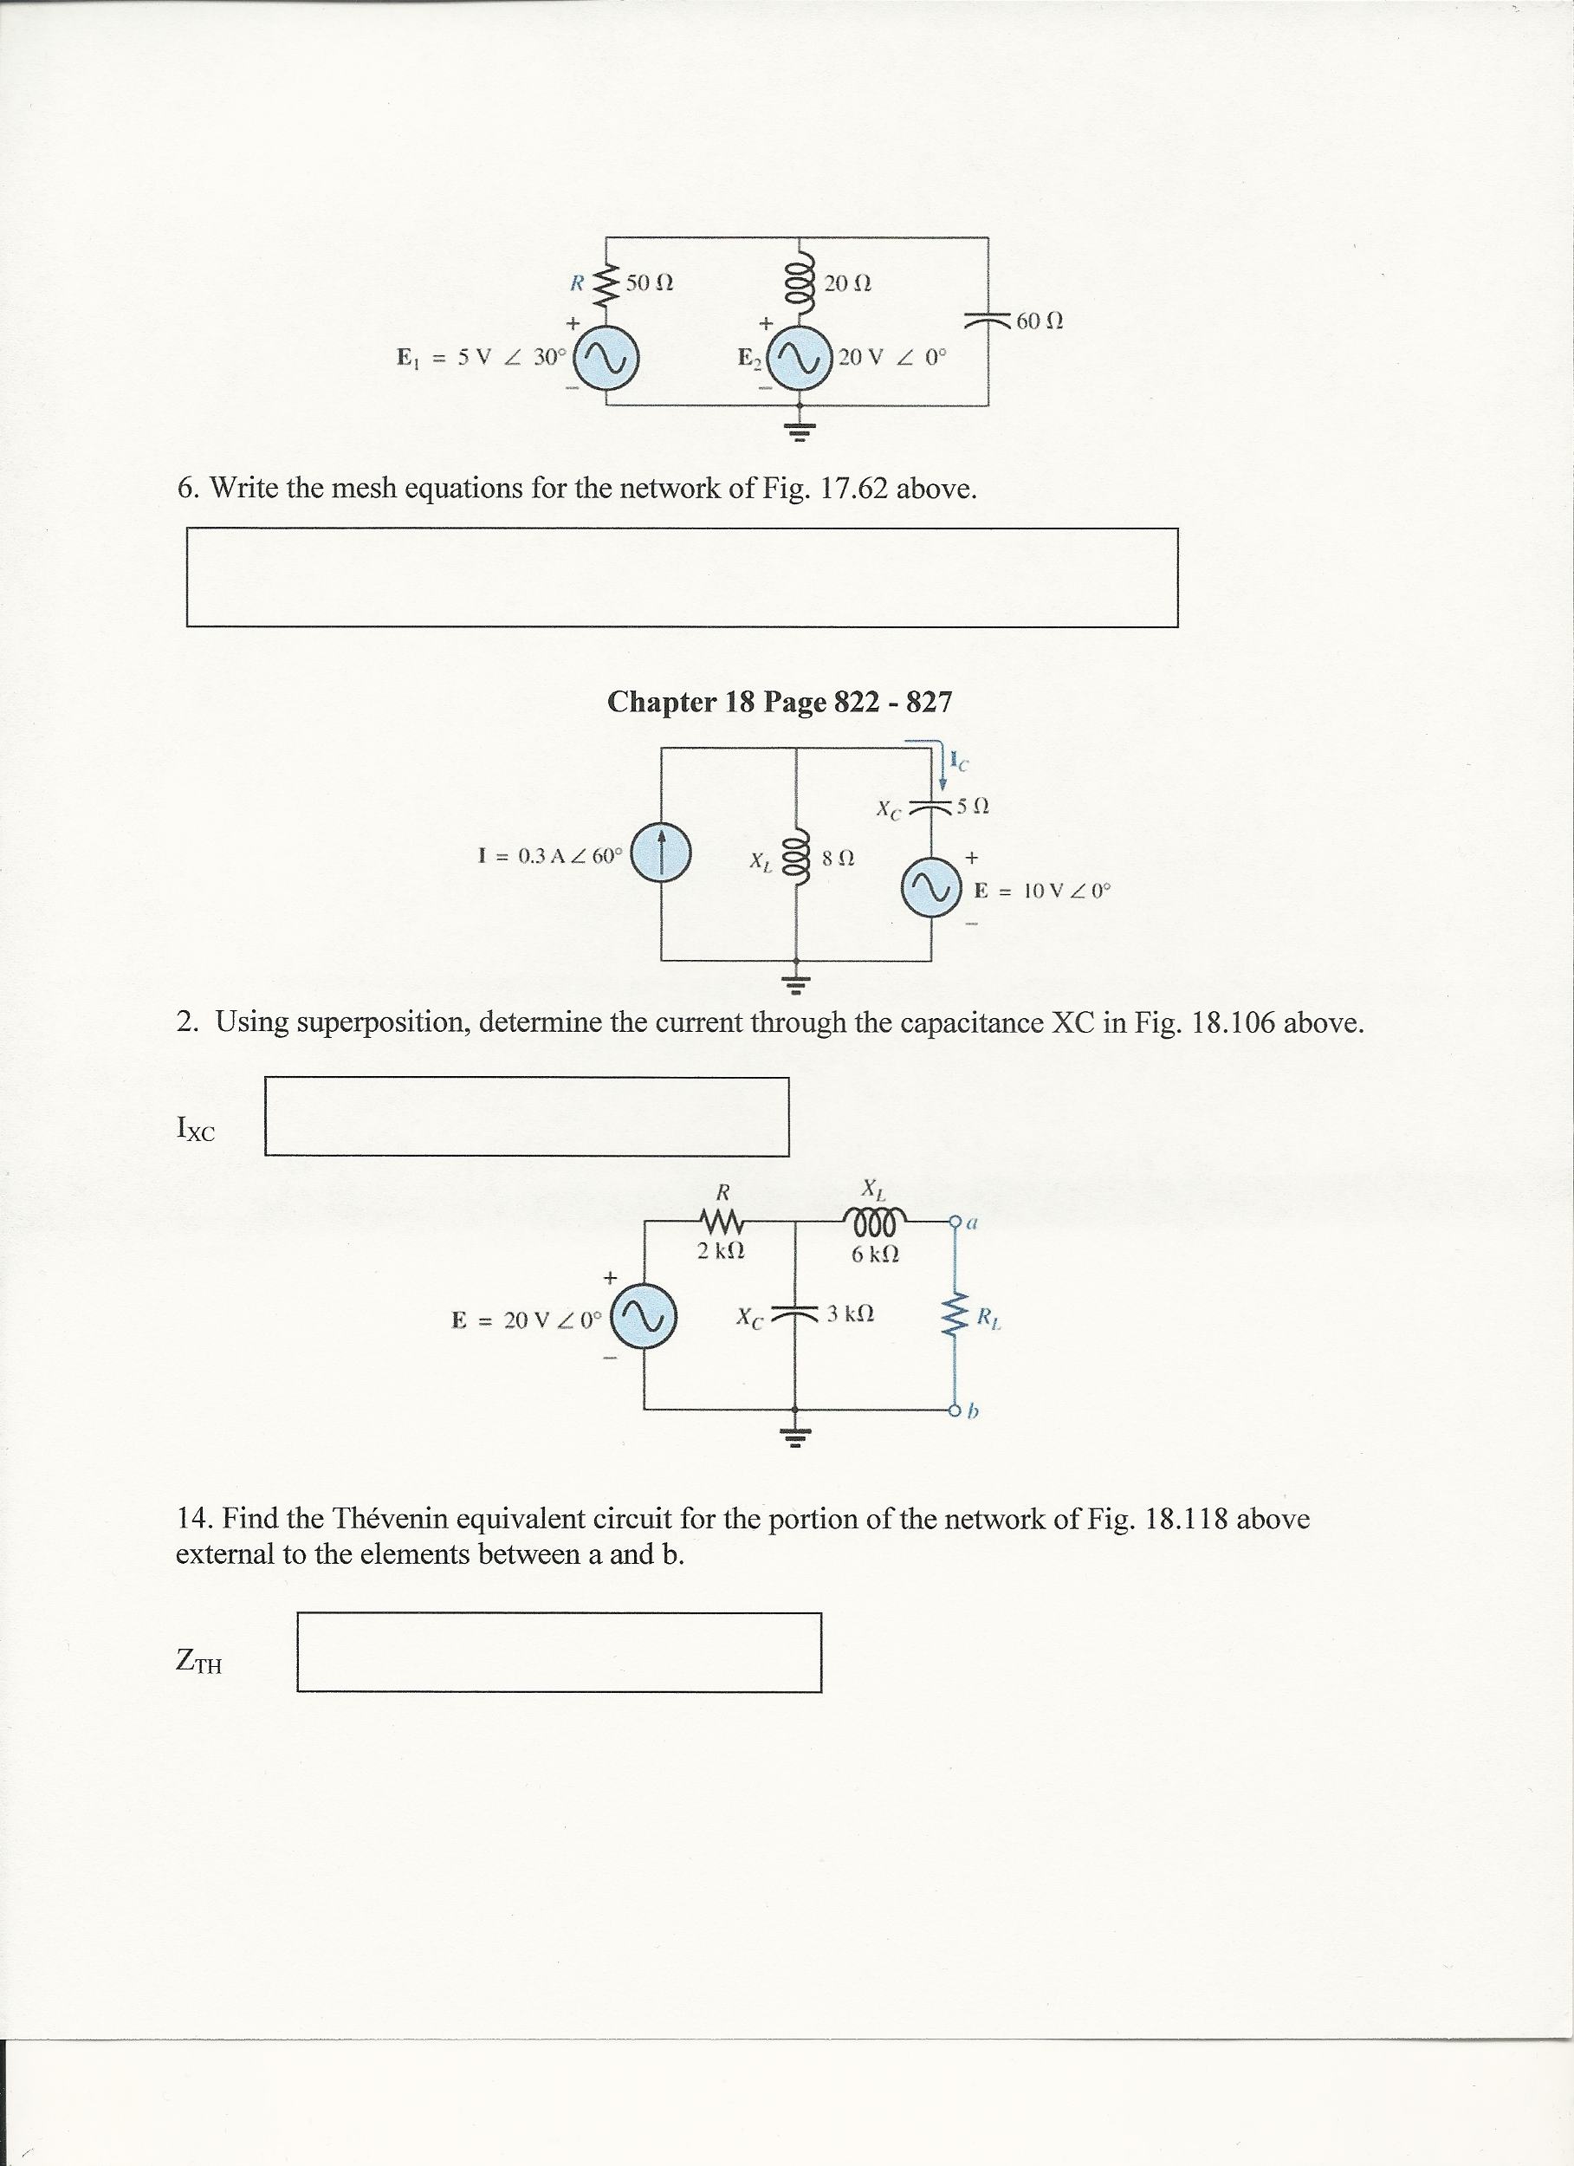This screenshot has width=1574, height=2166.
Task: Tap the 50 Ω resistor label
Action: click(x=651, y=282)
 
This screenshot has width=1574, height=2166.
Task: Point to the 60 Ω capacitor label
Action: click(x=1040, y=321)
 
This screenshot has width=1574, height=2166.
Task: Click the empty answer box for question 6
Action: click(x=682, y=578)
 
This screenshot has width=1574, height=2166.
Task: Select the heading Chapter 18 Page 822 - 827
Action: click(x=780, y=702)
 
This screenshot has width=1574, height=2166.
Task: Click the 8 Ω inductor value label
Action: click(x=838, y=859)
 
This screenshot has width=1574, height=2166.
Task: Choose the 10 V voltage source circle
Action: click(x=930, y=888)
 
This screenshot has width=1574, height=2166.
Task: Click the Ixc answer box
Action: click(x=527, y=1117)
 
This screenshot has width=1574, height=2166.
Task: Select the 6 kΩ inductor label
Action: click(x=874, y=1253)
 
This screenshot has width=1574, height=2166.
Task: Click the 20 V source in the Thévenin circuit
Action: click(x=644, y=1319)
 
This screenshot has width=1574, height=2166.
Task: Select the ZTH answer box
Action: click(x=559, y=1651)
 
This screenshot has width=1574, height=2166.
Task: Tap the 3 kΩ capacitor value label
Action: click(x=850, y=1313)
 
